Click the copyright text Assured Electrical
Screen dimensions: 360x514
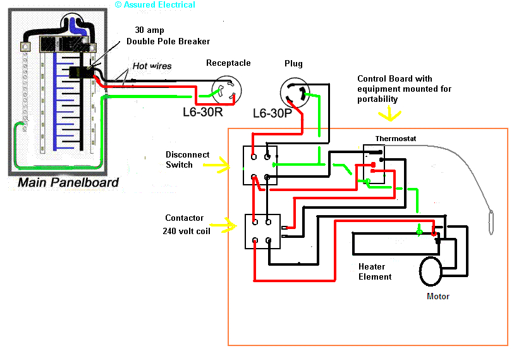click(x=155, y=5)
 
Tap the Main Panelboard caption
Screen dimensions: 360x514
click(x=68, y=183)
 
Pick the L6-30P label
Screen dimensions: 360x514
click(x=272, y=114)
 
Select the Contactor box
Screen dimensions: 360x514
click(x=262, y=231)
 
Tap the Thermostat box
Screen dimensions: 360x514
click(x=374, y=164)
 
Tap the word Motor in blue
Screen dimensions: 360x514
click(x=438, y=296)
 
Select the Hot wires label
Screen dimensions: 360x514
click(x=151, y=66)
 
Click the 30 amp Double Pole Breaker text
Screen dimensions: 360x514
click(x=168, y=36)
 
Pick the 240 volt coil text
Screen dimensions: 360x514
click(x=187, y=231)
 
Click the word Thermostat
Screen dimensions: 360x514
click(x=396, y=139)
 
